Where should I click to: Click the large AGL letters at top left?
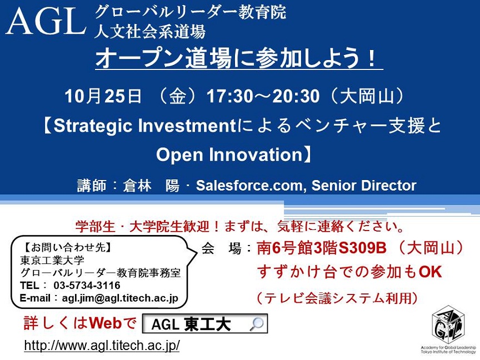point(46,22)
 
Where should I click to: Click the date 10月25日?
point(103,96)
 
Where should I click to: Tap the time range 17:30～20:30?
point(263,96)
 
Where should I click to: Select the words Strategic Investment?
point(145,126)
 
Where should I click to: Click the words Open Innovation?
point(229,154)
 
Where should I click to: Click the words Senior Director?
point(364,185)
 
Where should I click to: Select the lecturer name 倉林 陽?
point(151,186)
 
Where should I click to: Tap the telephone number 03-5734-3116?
point(87,286)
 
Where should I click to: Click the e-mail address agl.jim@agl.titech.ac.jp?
point(120,298)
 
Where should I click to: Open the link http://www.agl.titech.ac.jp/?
point(102,346)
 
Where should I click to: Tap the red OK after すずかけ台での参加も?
point(430,272)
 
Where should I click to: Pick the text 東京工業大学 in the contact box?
point(52,260)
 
